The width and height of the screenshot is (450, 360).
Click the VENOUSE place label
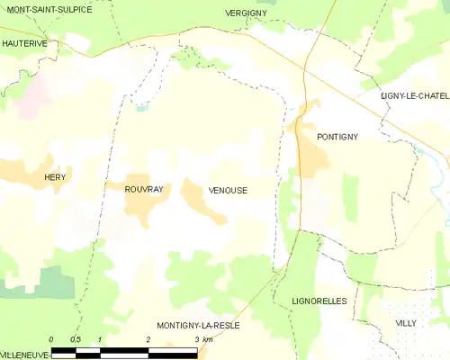click(x=228, y=190)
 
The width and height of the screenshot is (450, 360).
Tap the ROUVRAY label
click(x=144, y=190)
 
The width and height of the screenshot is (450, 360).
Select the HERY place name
click(x=55, y=179)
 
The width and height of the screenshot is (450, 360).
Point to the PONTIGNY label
click(x=337, y=137)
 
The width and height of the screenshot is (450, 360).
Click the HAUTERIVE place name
click(x=24, y=42)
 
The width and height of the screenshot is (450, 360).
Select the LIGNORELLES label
click(x=319, y=301)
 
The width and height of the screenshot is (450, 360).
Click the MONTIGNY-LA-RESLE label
click(x=198, y=325)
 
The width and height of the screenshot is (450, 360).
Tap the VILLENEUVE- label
click(x=24, y=355)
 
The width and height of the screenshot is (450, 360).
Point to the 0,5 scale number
click(x=76, y=339)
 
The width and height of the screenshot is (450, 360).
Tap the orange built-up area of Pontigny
click(x=312, y=157)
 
